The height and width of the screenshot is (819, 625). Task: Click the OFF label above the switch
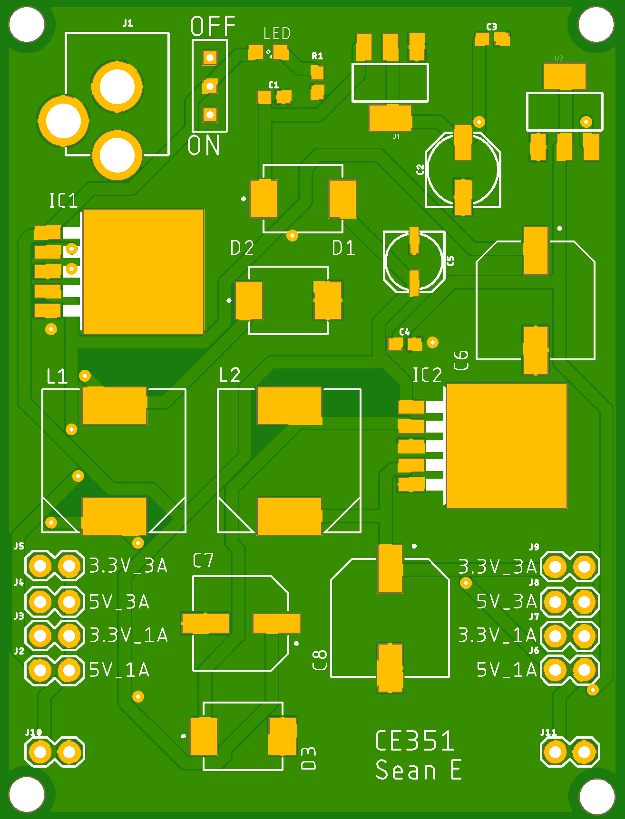click(x=213, y=27)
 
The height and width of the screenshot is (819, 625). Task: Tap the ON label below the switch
click(x=204, y=145)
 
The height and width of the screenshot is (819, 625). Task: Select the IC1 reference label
click(x=63, y=201)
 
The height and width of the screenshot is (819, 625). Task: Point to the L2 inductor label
click(x=229, y=375)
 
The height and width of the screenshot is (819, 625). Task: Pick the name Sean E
click(x=418, y=770)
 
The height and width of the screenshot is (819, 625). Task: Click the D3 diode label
click(x=308, y=758)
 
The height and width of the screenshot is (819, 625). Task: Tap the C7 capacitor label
click(x=203, y=561)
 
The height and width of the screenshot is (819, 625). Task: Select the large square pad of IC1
click(x=143, y=271)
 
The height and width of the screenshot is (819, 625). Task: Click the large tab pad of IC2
click(x=507, y=446)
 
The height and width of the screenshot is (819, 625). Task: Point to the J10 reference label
click(x=33, y=732)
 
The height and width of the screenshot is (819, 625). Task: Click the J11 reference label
click(x=548, y=732)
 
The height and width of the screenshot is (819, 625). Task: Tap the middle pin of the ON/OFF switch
click(x=210, y=87)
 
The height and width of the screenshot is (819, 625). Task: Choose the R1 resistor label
click(x=317, y=56)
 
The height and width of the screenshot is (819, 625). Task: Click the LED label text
click(x=277, y=33)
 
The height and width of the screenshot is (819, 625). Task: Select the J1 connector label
click(x=128, y=23)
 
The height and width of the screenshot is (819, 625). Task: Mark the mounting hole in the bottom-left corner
click(x=27, y=794)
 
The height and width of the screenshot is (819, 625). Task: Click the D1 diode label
click(x=343, y=248)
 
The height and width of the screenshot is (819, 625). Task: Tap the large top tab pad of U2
click(x=565, y=77)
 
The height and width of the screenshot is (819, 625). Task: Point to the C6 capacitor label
click(x=461, y=360)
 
